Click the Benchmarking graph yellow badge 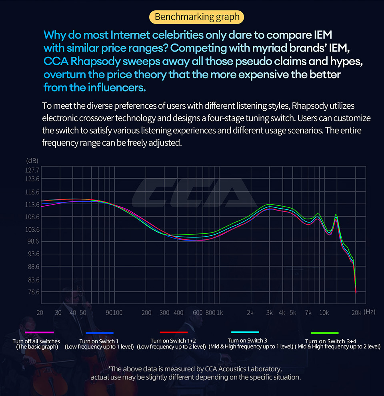(197, 17)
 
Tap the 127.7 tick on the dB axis (32, 170)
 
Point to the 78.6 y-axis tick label (32, 292)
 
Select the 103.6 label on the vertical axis (32, 229)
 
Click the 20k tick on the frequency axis (356, 312)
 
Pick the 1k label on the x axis (220, 312)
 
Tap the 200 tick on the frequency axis (146, 312)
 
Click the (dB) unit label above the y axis (32, 161)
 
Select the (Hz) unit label (370, 312)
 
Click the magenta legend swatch (39, 332)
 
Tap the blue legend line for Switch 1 (100, 332)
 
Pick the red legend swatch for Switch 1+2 (174, 332)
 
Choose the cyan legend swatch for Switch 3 (245, 332)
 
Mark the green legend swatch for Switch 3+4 (325, 332)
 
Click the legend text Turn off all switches (36, 341)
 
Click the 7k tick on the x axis (308, 312)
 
